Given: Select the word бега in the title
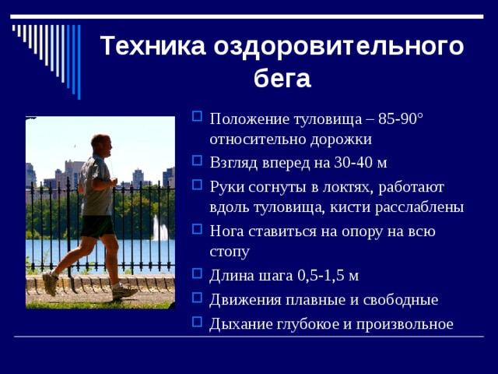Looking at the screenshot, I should [x=282, y=78].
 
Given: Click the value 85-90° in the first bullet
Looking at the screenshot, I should [x=401, y=119].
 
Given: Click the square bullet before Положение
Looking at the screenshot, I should [x=196, y=118].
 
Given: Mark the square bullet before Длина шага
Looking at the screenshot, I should [x=196, y=276].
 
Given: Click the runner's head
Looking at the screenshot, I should [x=100, y=143].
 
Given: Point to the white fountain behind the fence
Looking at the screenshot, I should [x=160, y=229].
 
